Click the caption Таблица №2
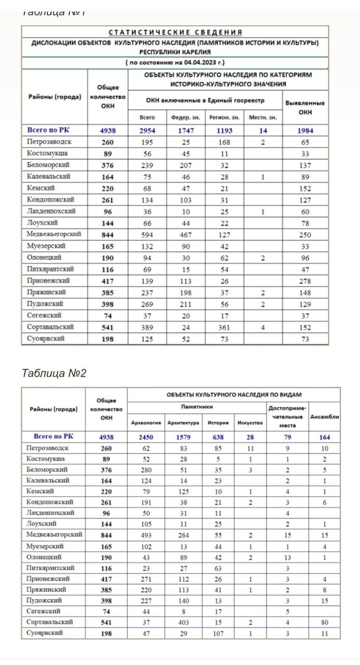pos(54,373)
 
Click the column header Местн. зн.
pos(263,117)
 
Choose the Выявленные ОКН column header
pos(305,108)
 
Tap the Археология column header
pos(146,423)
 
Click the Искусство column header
pos(250,423)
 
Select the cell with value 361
pos(223,327)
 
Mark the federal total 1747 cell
pos(185,131)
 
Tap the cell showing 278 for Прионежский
pos(305,281)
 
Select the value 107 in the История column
pos(218,633)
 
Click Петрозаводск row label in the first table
pos(49,142)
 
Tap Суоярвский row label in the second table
pos(45,633)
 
